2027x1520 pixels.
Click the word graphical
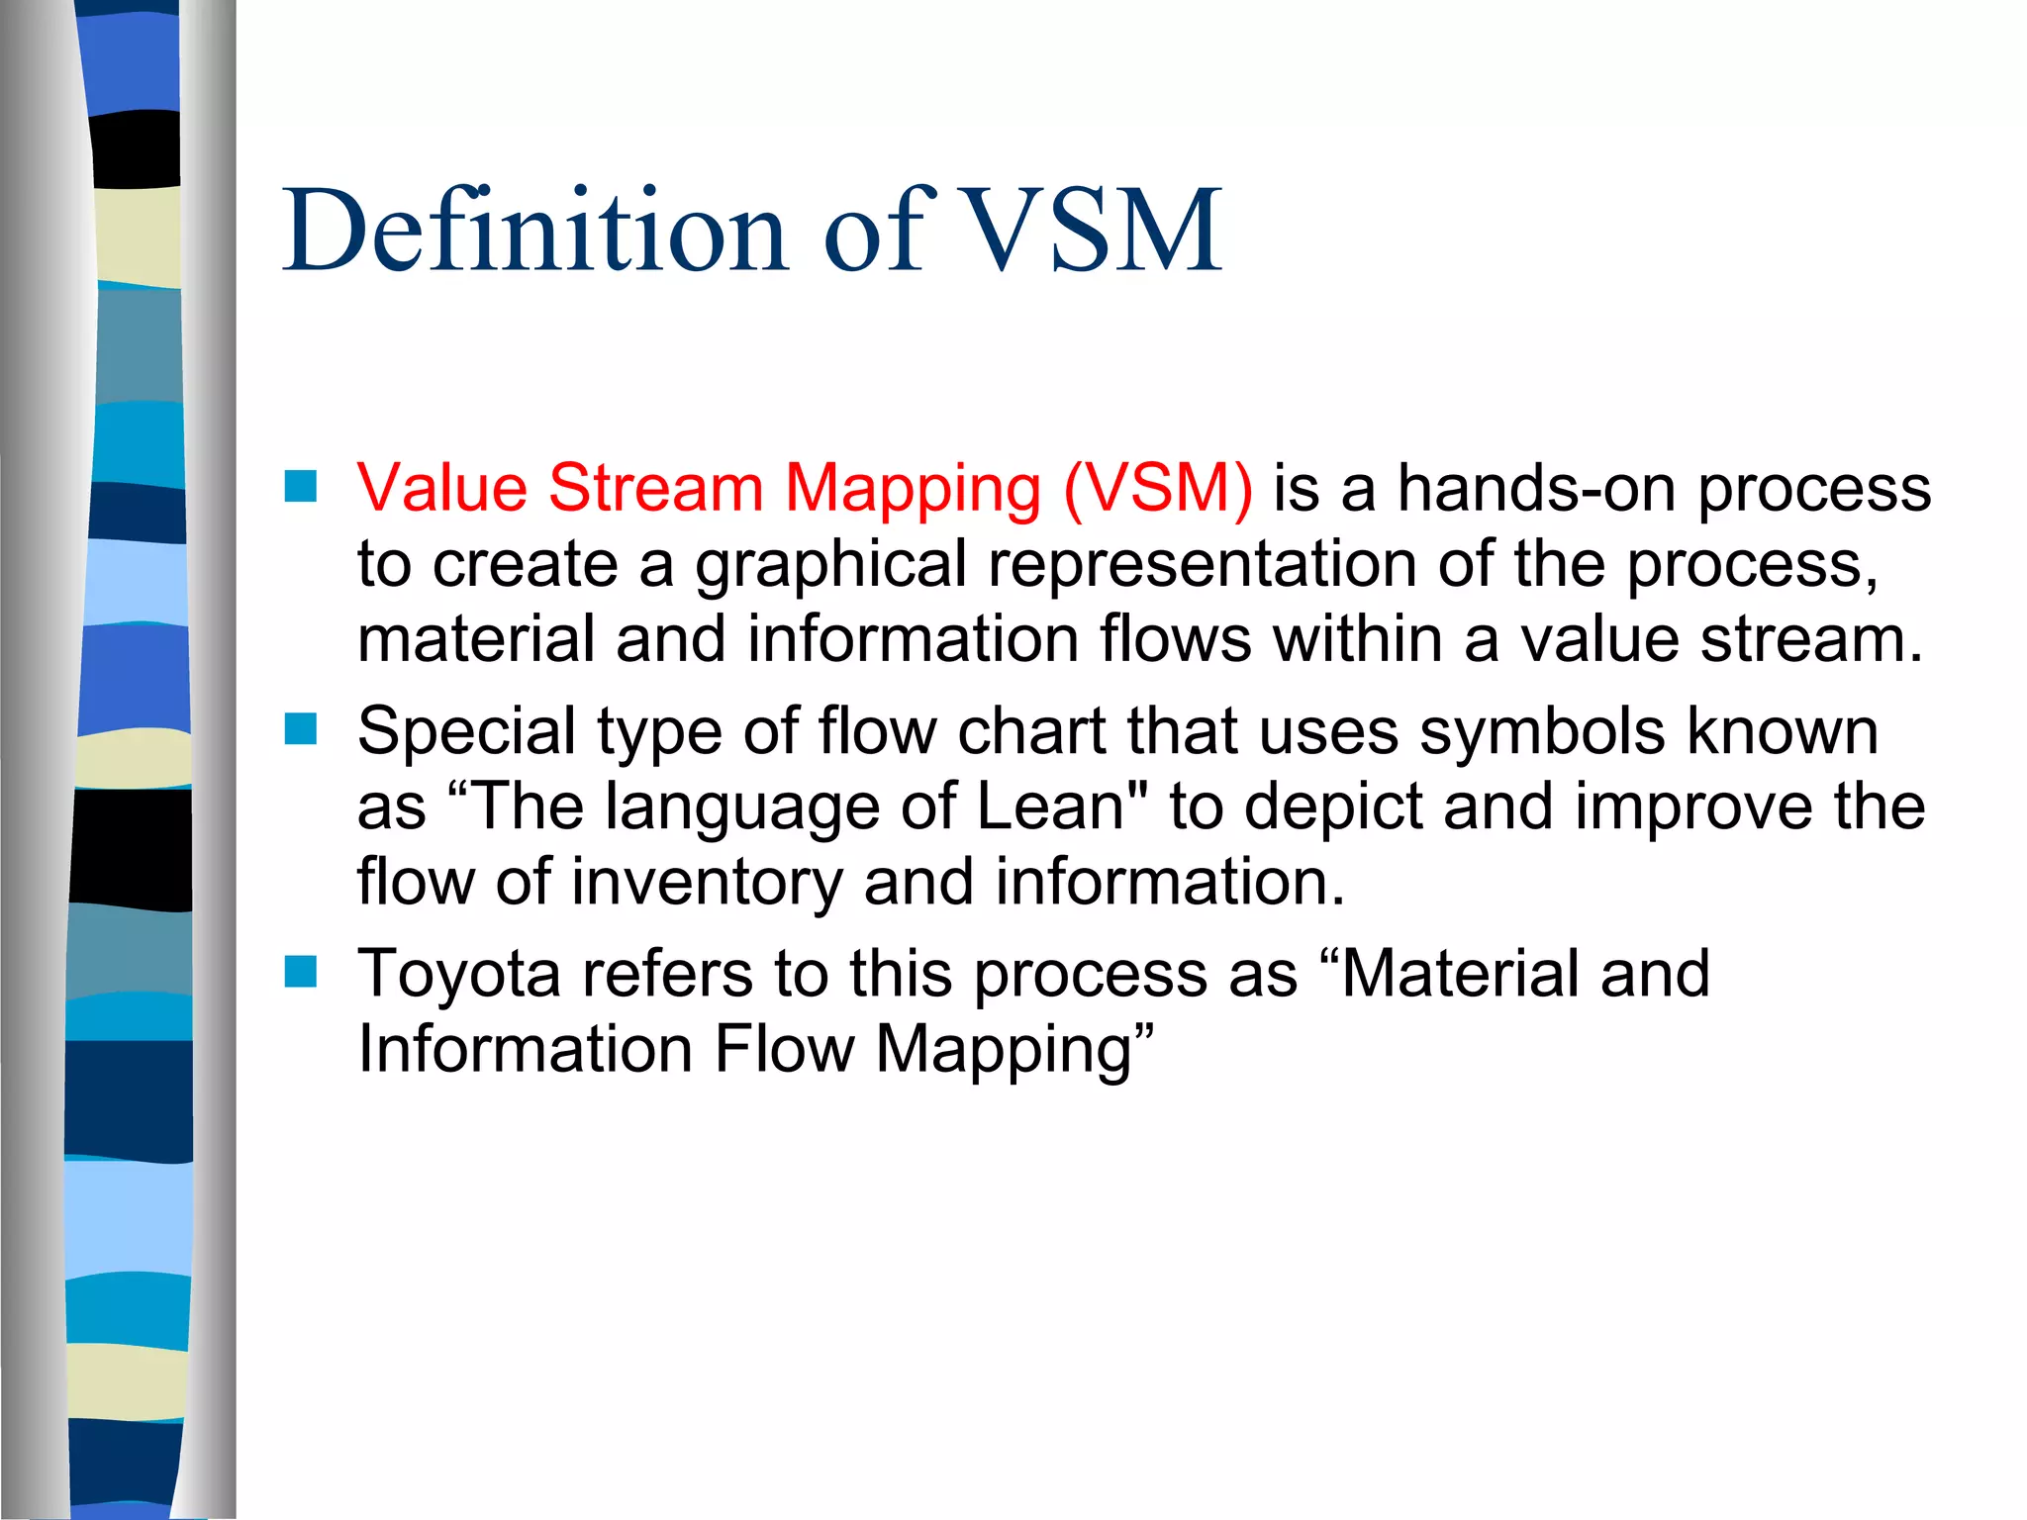click(830, 564)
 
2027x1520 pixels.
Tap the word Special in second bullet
click(466, 732)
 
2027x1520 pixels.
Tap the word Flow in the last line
click(783, 1049)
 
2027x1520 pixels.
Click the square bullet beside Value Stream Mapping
click(300, 486)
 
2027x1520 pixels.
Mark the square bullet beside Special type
click(300, 729)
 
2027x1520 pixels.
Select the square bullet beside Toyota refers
click(300, 972)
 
